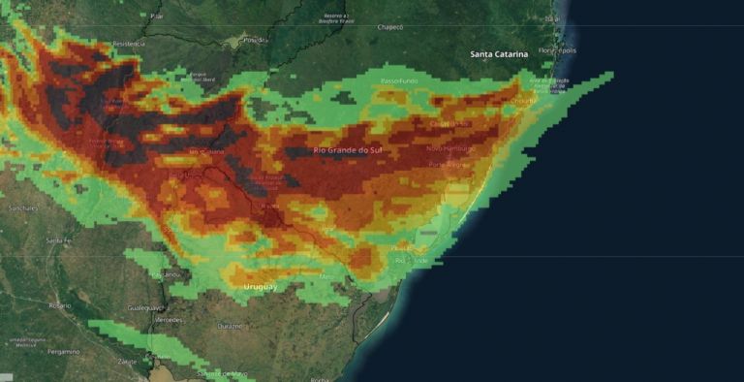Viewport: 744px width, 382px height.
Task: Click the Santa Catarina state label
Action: point(499,54)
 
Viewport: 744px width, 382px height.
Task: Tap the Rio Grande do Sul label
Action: point(348,150)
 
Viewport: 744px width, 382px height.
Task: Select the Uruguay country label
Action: point(260,287)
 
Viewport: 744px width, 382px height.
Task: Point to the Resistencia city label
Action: point(128,44)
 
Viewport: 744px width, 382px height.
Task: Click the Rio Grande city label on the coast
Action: point(411,260)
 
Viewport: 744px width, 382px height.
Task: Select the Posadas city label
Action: point(254,40)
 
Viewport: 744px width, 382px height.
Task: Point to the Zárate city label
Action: point(127,361)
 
